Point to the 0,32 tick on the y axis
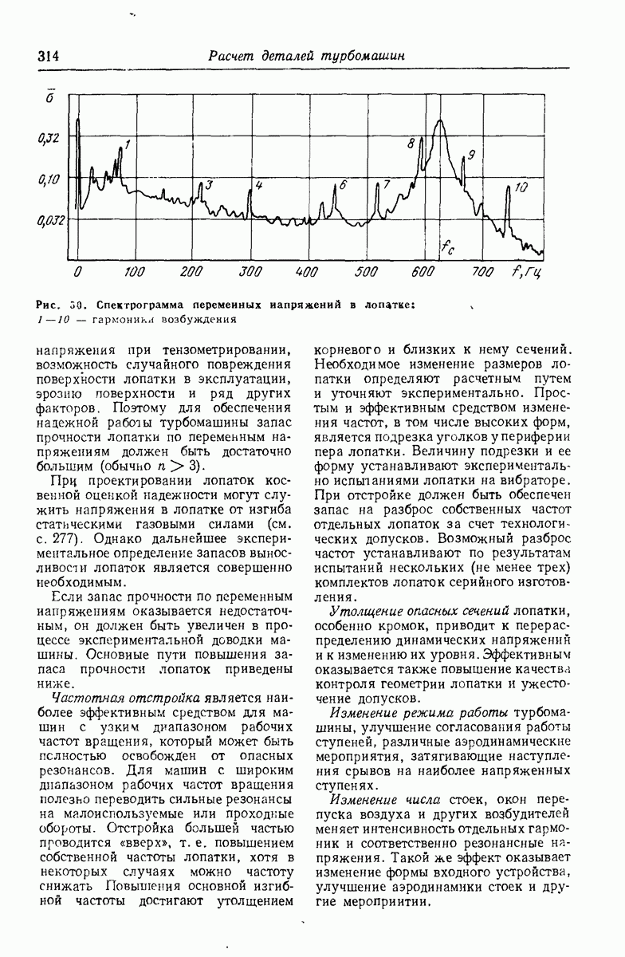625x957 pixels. pyautogui.click(x=49, y=139)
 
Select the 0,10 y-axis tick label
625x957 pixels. pyautogui.click(x=49, y=180)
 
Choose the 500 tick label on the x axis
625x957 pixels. pyautogui.click(x=365, y=272)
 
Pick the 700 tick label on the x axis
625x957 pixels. pyautogui.click(x=482, y=272)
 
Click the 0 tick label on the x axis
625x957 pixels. pyautogui.click(x=77, y=272)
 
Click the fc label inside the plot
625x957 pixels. pyautogui.click(x=449, y=248)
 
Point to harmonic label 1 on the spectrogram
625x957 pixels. pyautogui.click(x=128, y=144)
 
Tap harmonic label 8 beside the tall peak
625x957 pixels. pyautogui.click(x=411, y=144)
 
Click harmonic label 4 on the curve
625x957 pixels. pyautogui.click(x=258, y=185)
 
